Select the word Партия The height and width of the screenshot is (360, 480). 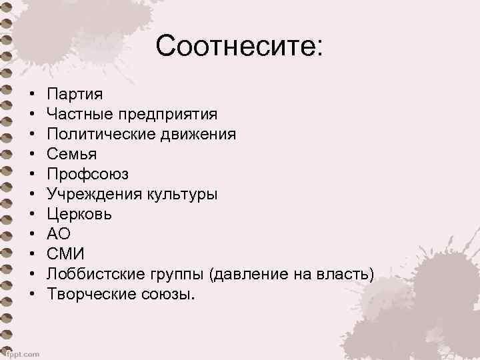click(75, 95)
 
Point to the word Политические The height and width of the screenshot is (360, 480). click(99, 135)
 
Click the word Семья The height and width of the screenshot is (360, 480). click(72, 155)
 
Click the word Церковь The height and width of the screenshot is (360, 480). click(79, 215)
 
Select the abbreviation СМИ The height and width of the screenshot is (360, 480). click(65, 255)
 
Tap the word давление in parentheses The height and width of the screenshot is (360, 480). click(248, 275)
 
